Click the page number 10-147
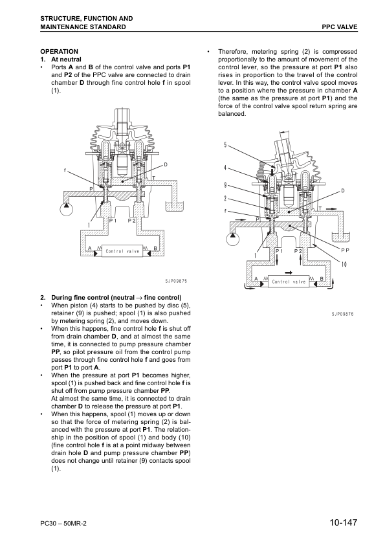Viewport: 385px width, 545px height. pyautogui.click(x=344, y=522)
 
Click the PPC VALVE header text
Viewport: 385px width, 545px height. pyautogui.click(x=340, y=27)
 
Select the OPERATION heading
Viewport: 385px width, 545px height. pyautogui.click(x=59, y=51)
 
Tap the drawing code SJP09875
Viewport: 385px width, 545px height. pyautogui.click(x=176, y=281)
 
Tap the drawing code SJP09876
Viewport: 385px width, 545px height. pyautogui.click(x=342, y=314)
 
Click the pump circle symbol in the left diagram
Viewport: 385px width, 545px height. pyautogui.click(x=66, y=209)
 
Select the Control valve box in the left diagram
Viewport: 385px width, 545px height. pyautogui.click(x=122, y=251)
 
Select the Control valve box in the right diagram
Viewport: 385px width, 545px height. pyautogui.click(x=289, y=282)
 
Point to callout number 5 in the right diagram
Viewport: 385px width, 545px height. pyautogui.click(x=226, y=144)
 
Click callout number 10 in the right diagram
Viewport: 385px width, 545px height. pyautogui.click(x=344, y=265)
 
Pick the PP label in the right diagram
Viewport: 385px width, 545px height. pyautogui.click(x=345, y=250)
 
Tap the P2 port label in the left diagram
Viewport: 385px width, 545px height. pyautogui.click(x=132, y=220)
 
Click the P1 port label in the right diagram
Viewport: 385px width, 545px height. pyautogui.click(x=279, y=251)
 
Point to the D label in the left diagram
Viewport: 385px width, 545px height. pyautogui.click(x=166, y=164)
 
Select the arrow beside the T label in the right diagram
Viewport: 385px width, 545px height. pyautogui.click(x=332, y=208)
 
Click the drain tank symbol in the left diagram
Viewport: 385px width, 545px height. pyautogui.click(x=173, y=206)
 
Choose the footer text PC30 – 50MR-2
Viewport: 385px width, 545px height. pyautogui.click(x=63, y=524)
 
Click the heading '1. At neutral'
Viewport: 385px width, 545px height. pyautogui.click(x=61, y=60)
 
